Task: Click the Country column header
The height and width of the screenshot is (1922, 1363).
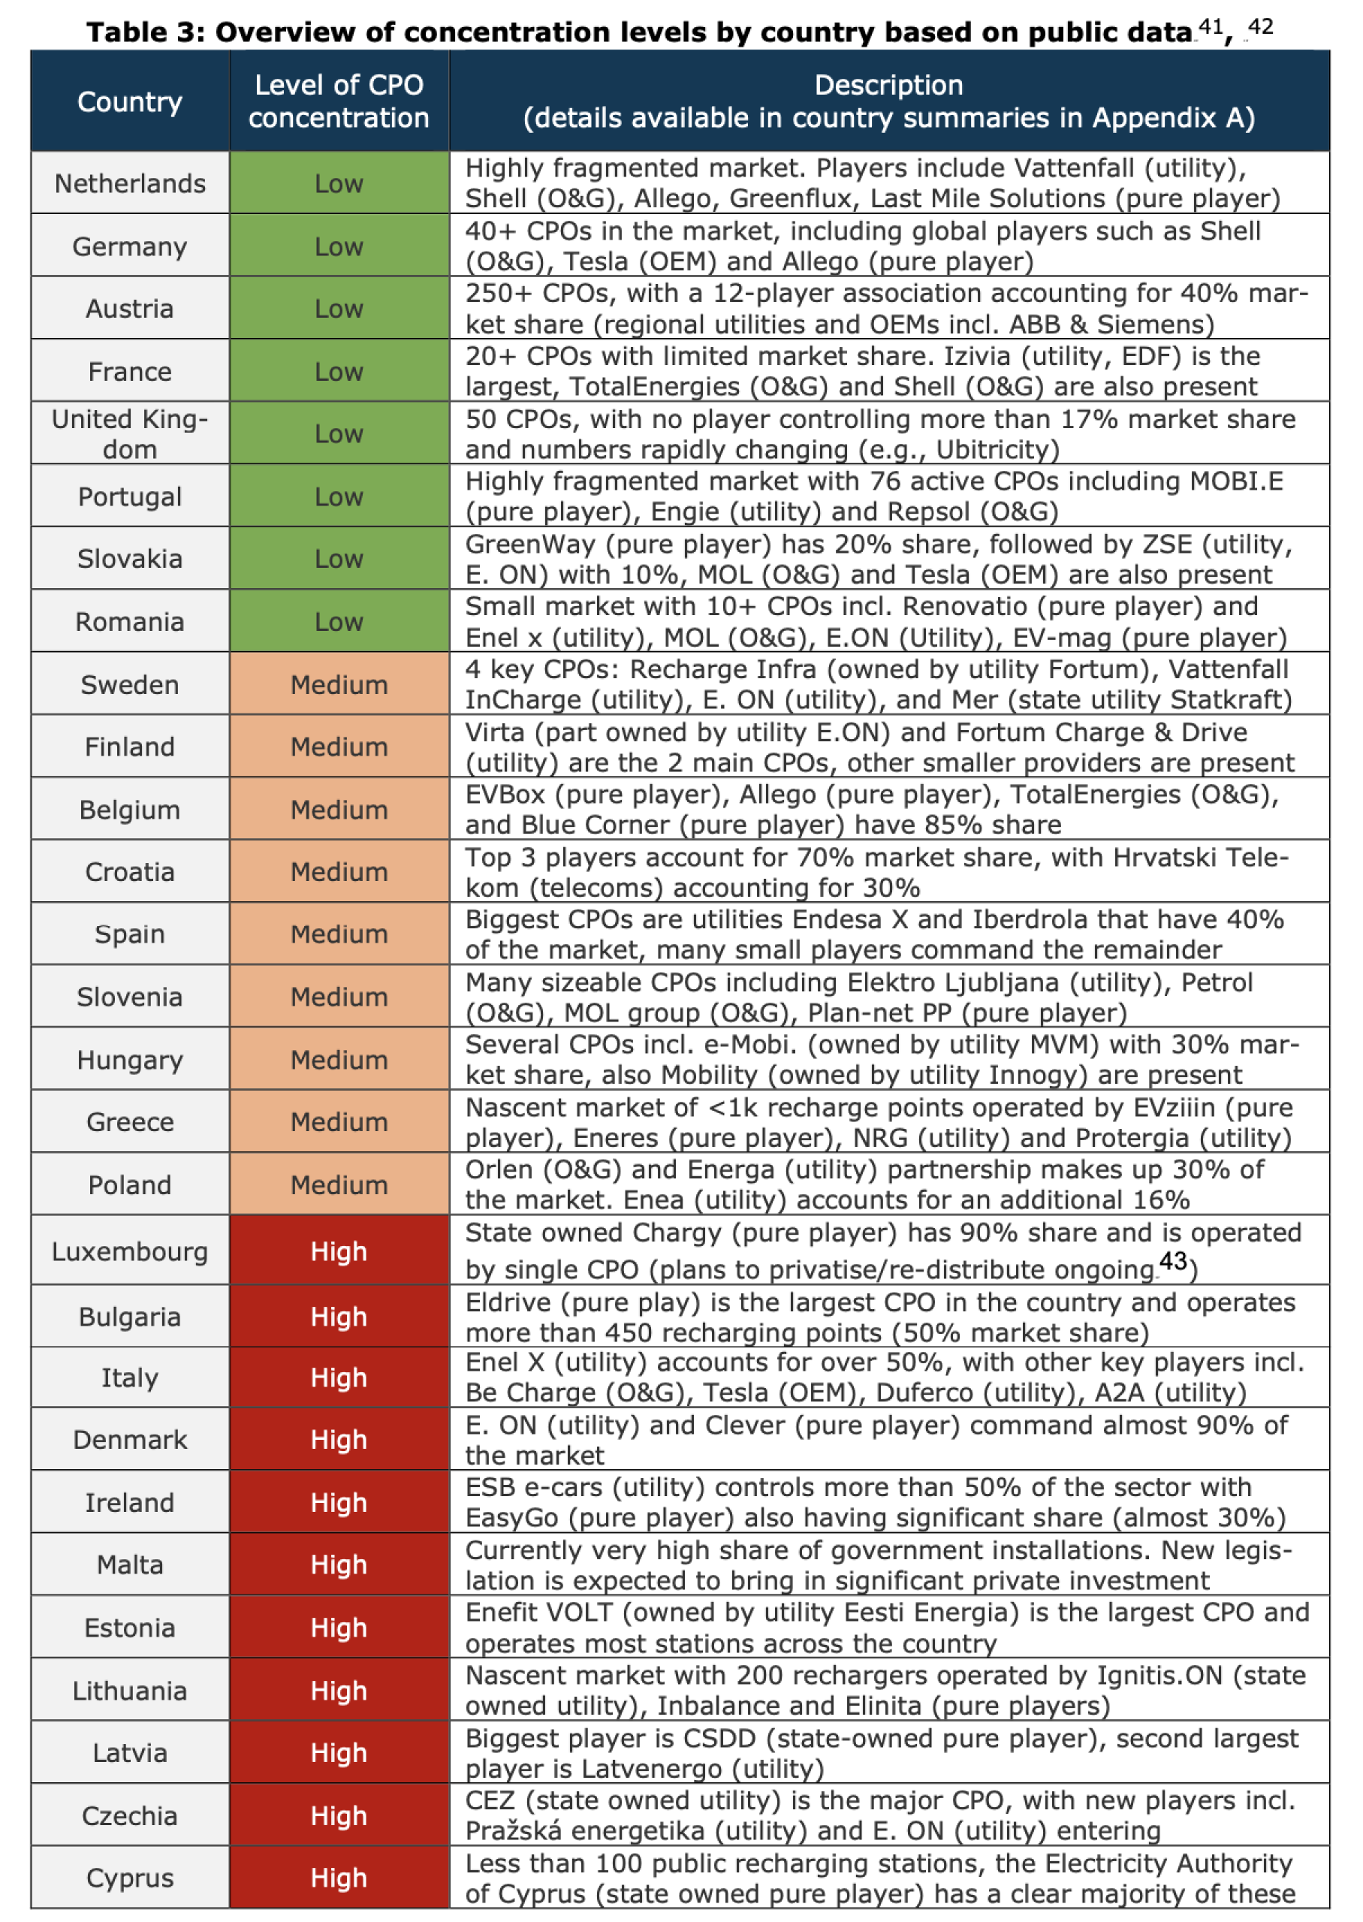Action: [x=129, y=101]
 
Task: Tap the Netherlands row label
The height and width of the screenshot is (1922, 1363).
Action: [x=129, y=183]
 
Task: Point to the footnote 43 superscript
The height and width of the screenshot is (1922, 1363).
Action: [x=1172, y=1260]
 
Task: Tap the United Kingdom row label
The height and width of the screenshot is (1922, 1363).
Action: [x=129, y=433]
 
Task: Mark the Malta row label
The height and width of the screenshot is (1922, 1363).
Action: [x=129, y=1564]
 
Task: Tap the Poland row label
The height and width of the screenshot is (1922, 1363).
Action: [x=129, y=1184]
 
